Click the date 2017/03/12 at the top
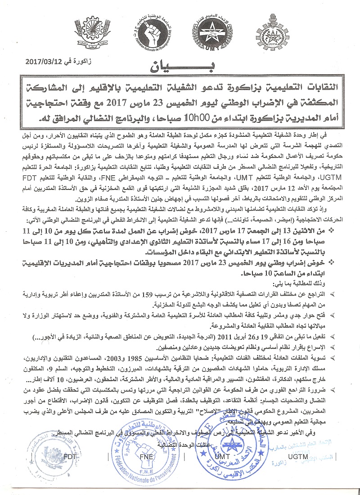click(x=42, y=60)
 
